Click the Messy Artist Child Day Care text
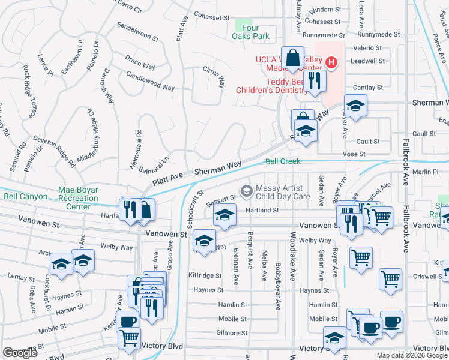(x=283, y=191)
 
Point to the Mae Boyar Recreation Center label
(x=78, y=198)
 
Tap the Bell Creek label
(x=283, y=162)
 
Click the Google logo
(x=20, y=352)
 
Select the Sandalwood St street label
(x=137, y=32)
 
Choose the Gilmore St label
(x=232, y=332)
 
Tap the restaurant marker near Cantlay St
(x=315, y=80)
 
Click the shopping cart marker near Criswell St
(x=390, y=278)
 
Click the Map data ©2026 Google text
(x=412, y=355)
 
